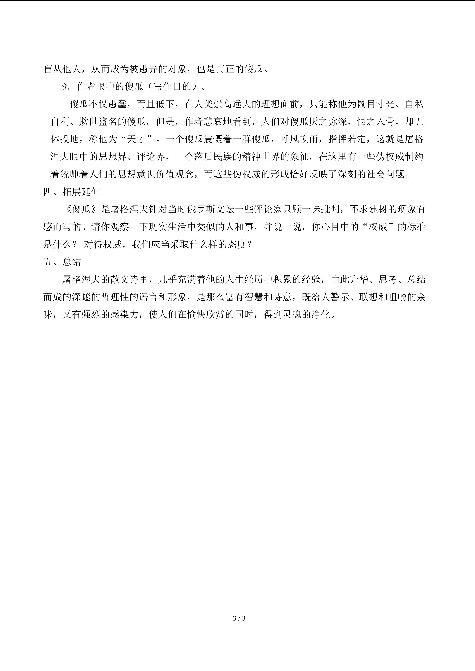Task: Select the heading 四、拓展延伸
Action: tap(72, 192)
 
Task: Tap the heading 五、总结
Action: tap(62, 262)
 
